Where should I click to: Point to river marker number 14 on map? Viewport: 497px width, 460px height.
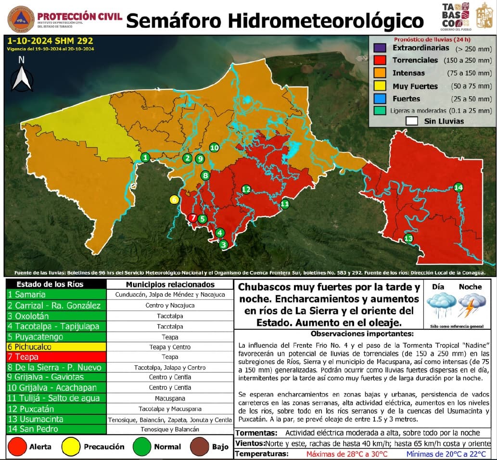[x=459, y=187]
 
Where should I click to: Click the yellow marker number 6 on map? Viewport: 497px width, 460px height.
[x=174, y=199]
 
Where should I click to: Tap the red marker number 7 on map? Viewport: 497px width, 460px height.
[x=193, y=218]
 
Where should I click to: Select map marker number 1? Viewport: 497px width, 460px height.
[x=145, y=157]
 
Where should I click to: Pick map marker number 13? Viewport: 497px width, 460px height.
[x=408, y=238]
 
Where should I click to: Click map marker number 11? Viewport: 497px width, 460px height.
[x=285, y=204]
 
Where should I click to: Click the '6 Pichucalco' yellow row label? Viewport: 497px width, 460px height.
[x=33, y=347]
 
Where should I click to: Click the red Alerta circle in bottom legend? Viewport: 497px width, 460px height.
[x=18, y=447]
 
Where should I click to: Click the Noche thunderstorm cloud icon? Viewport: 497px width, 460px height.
[x=470, y=307]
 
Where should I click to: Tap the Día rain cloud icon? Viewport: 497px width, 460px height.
[x=441, y=307]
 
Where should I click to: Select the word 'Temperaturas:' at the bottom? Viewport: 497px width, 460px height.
[x=262, y=454]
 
